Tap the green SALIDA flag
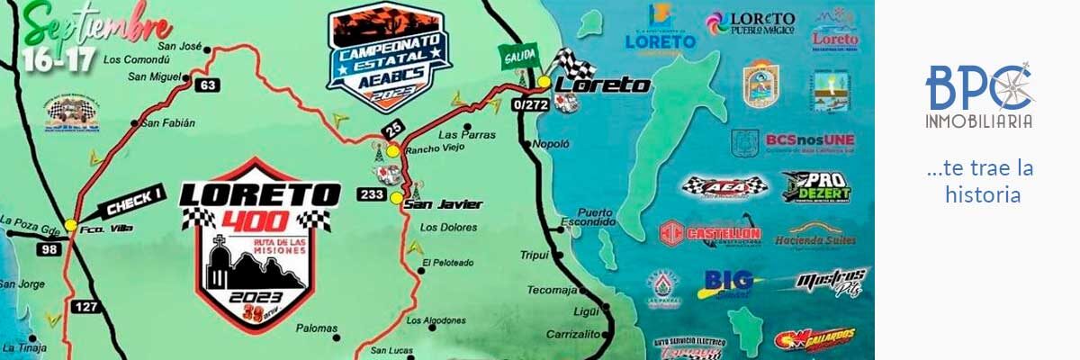click(517, 55)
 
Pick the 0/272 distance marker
click(529, 105)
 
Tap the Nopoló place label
click(551, 144)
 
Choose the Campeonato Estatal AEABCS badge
click(389, 54)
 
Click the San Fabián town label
click(168, 122)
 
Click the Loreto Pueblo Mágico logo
click(751, 23)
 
